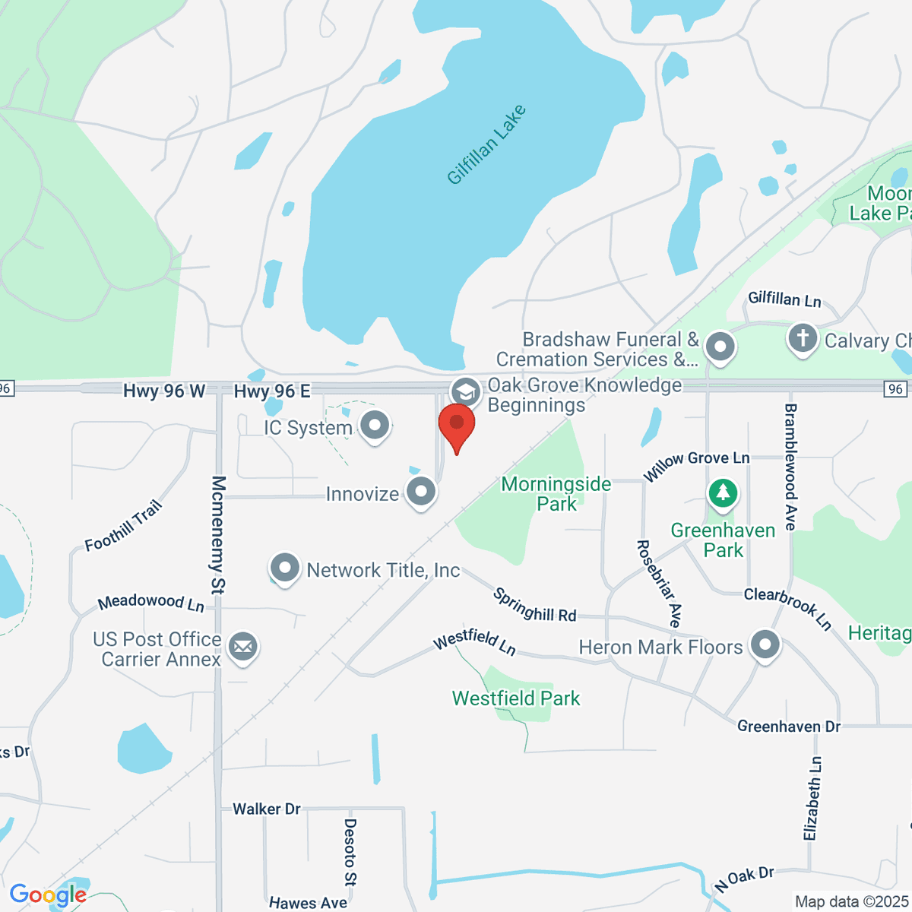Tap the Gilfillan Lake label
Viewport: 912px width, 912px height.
486,145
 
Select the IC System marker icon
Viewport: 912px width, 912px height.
374,426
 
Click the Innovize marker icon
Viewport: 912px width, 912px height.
420,492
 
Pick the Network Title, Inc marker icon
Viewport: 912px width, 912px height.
285,568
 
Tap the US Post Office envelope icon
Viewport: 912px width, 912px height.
243,648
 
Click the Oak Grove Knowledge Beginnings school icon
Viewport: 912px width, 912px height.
465,393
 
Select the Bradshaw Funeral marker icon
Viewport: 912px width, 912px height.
720,347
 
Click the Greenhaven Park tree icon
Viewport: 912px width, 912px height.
723,493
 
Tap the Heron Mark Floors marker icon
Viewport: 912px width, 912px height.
765,646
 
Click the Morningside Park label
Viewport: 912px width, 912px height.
556,494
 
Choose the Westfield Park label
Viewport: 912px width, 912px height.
516,698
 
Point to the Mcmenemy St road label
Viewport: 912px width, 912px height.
218,534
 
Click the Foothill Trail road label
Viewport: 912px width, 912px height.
124,526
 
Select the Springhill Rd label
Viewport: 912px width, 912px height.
535,605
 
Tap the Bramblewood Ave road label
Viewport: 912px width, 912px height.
790,467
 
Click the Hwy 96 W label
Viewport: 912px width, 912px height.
164,391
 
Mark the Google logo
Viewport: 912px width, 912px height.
48,895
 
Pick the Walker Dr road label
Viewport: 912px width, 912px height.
267,809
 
